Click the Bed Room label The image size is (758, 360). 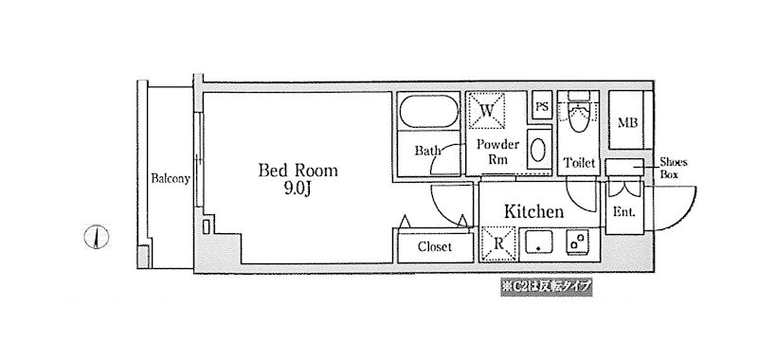(x=298, y=171)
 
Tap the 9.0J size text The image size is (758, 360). (x=297, y=189)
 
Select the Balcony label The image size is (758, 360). (x=171, y=178)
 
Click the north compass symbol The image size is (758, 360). (x=97, y=237)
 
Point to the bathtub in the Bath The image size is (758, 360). (x=429, y=111)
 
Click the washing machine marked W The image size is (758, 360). (x=487, y=111)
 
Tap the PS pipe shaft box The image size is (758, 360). (x=542, y=106)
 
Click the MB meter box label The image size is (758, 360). (x=627, y=123)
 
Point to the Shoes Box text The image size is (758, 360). (x=674, y=168)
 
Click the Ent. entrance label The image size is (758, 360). (x=624, y=212)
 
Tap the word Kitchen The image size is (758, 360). (x=533, y=211)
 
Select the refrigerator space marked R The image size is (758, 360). (x=499, y=244)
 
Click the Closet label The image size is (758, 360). (x=435, y=247)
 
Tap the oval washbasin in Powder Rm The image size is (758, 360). (x=537, y=150)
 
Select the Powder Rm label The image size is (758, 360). (x=497, y=152)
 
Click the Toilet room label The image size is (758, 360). (x=579, y=163)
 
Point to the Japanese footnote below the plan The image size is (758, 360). (x=547, y=286)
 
